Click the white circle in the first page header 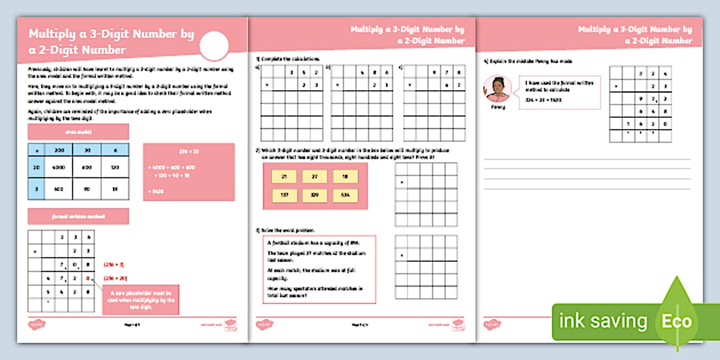(x=215, y=46)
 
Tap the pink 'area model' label (x=78, y=131)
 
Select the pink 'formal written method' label (x=78, y=216)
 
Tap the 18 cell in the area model (x=115, y=189)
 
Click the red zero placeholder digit (x=87, y=279)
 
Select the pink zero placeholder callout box (x=141, y=299)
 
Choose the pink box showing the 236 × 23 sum (x=189, y=171)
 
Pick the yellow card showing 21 (x=284, y=177)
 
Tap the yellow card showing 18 (x=346, y=177)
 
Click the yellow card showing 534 (x=346, y=196)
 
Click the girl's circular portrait (x=498, y=89)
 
